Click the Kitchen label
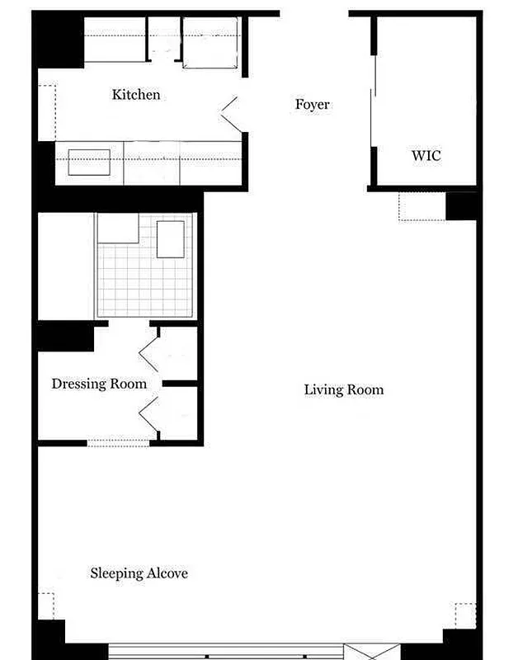tap(136, 95)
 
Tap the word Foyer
tap(313, 105)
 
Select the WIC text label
tap(426, 155)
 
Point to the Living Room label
tap(344, 389)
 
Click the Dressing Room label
tap(99, 384)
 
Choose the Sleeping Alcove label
tap(139, 573)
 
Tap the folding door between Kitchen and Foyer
tap(231, 115)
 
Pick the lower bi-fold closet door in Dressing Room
tap(149, 412)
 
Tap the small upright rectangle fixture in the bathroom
tap(171, 239)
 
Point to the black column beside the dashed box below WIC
tap(461, 205)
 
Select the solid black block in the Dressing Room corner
tap(64, 337)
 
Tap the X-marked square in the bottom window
tap(361, 652)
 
